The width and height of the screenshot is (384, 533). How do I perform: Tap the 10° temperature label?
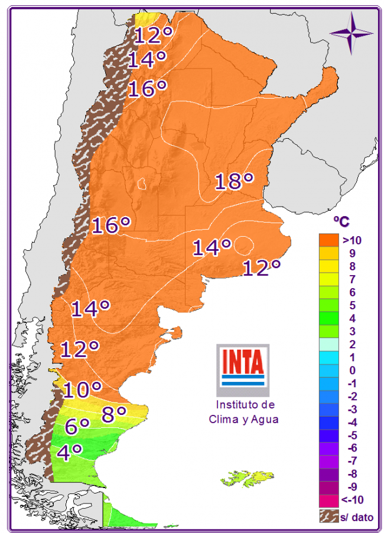(x=82, y=390)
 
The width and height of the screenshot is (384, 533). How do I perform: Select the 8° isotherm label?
(x=114, y=414)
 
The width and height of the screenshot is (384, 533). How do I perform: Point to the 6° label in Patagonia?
(x=77, y=426)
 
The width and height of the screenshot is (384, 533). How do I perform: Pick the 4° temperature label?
(x=69, y=453)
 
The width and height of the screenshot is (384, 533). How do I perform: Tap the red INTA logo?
(x=242, y=361)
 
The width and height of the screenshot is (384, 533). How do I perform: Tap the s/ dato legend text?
(x=357, y=517)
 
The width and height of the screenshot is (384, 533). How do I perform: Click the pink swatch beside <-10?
(x=328, y=500)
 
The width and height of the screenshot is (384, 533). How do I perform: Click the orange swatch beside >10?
(x=328, y=240)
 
